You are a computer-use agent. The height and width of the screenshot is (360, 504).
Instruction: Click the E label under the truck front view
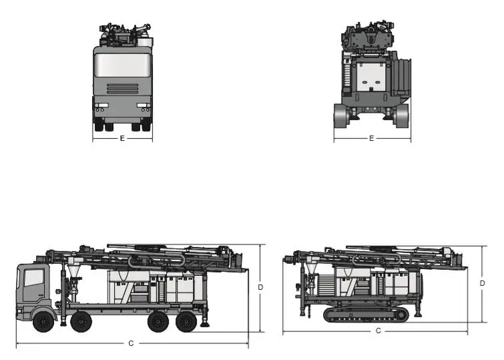click(122, 139)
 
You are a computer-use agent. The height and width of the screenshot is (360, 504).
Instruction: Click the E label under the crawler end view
click(371, 139)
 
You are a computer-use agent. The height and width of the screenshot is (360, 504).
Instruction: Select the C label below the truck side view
click(132, 343)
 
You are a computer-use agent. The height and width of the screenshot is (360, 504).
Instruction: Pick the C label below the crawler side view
click(379, 331)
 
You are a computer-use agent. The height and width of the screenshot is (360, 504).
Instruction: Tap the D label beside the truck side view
click(260, 287)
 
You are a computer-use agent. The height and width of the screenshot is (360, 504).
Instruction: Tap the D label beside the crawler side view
click(482, 283)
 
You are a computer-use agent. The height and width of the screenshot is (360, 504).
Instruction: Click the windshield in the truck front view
click(122, 66)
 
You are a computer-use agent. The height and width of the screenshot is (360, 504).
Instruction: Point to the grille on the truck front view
click(122, 89)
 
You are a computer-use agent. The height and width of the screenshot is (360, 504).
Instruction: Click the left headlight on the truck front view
click(101, 106)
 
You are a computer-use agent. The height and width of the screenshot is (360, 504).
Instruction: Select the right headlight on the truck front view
click(142, 106)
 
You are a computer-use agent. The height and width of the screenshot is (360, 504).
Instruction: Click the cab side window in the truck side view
click(33, 278)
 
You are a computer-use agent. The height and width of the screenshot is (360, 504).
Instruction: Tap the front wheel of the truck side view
click(43, 321)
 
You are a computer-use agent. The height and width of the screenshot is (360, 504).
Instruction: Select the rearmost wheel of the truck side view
click(188, 321)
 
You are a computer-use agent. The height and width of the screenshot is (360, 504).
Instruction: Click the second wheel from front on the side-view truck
click(81, 321)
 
